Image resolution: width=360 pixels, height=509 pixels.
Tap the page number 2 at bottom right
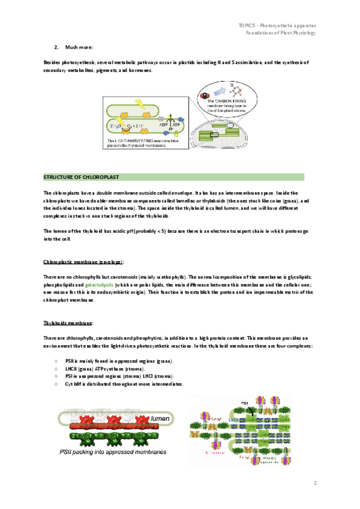pos(314,482)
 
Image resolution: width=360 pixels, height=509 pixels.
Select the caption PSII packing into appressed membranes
pos(113,452)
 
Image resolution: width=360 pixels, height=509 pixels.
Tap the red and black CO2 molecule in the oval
pos(204,95)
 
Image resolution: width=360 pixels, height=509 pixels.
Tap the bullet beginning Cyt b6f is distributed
pos(124,384)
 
